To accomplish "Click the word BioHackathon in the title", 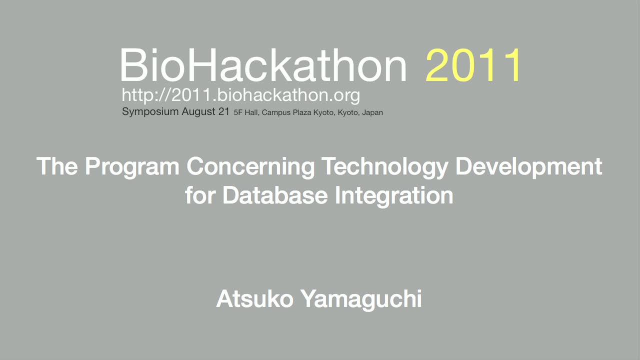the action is [x=263, y=65].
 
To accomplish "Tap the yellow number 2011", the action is [x=473, y=65].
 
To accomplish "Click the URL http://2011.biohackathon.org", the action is [x=241, y=95].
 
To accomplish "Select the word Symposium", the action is [x=150, y=111].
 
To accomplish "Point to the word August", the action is [x=198, y=111].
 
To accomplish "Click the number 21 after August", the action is [x=224, y=111].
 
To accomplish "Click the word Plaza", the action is [x=302, y=112].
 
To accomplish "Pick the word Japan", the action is [x=372, y=113].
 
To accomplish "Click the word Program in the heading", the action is [x=132, y=166].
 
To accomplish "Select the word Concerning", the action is [x=250, y=166].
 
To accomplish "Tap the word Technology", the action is [x=385, y=166].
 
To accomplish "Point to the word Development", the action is [x=529, y=166].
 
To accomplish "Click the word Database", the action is [x=275, y=195].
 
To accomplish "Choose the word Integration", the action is [x=394, y=196].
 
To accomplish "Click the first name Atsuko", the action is [x=255, y=299].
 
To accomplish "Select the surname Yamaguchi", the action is [x=361, y=299].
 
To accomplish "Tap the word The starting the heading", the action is [x=57, y=166].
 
